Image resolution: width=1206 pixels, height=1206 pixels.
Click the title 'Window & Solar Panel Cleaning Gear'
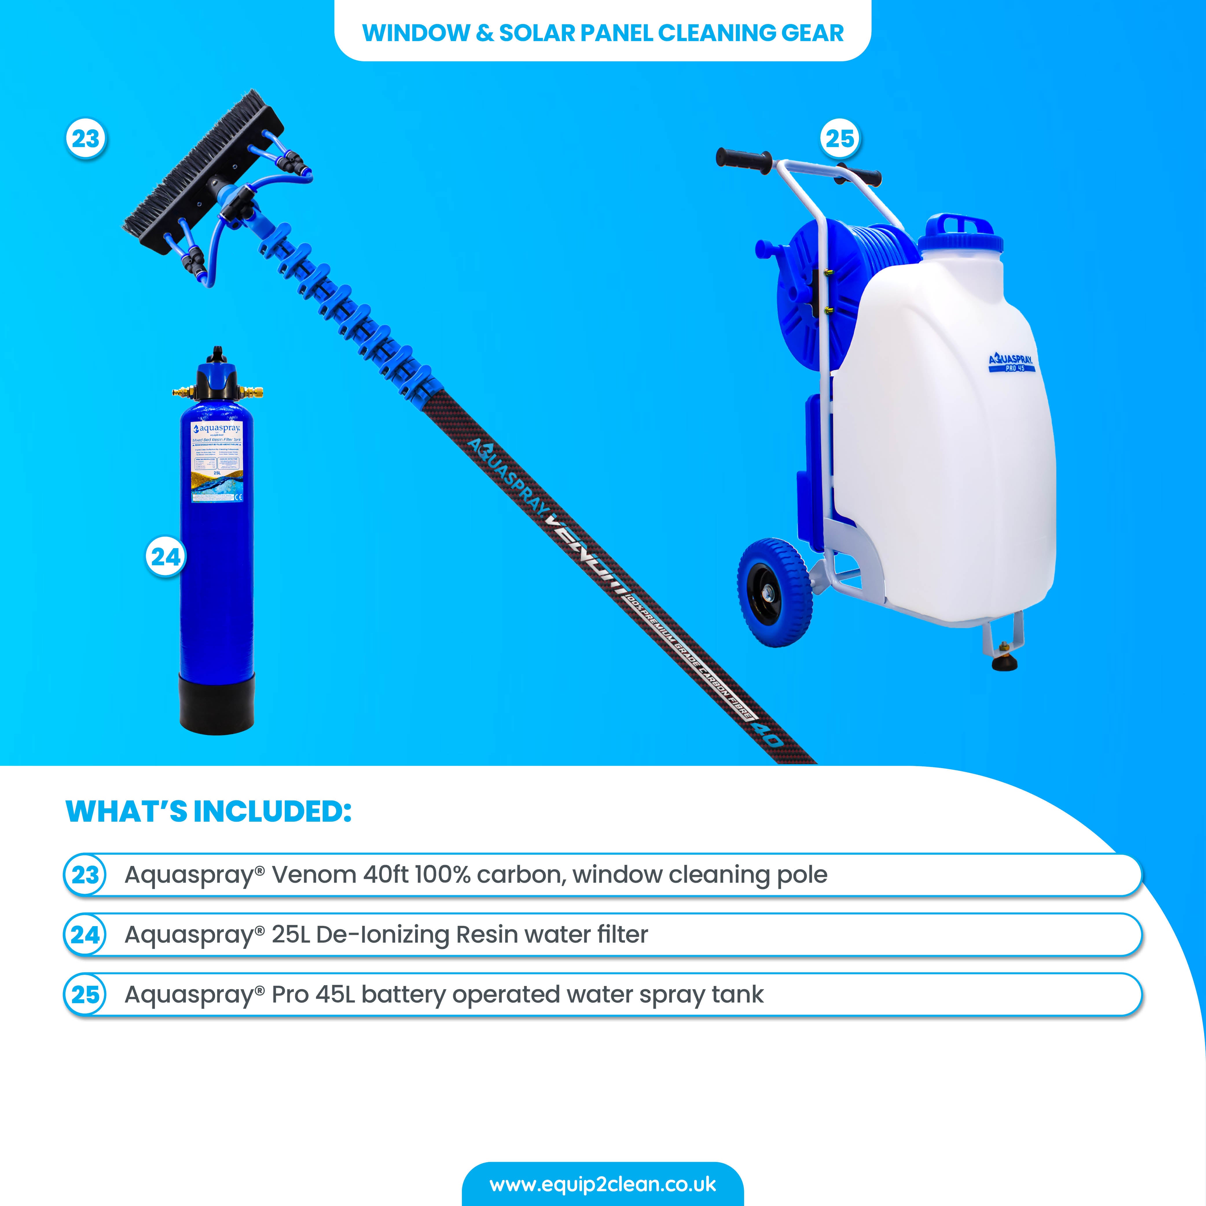pos(602,32)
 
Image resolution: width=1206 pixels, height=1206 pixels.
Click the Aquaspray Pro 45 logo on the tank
pos(1010,362)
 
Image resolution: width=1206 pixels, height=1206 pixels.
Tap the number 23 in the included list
pos(85,875)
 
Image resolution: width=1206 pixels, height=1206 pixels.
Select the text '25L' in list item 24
pos(290,935)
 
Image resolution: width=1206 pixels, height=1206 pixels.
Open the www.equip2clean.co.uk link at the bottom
pos(602,1184)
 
